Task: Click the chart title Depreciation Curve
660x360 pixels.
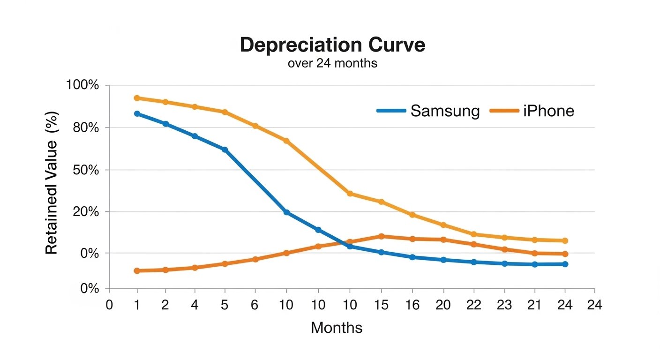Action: tap(332, 45)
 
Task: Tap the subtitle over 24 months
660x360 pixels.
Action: tap(332, 63)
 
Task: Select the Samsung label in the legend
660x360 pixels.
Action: tap(445, 111)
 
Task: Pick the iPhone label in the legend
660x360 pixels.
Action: tap(548, 111)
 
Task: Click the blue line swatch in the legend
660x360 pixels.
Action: tap(391, 111)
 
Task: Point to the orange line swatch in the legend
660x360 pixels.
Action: tap(504, 111)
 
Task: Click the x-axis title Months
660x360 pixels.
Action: tap(337, 328)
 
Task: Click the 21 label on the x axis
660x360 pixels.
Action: tap(534, 305)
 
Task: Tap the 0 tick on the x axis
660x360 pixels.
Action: tap(109, 305)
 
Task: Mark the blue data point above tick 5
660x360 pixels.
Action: tap(225, 150)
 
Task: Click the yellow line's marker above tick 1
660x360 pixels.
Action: tap(137, 98)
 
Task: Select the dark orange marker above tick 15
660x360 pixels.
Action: tap(381, 236)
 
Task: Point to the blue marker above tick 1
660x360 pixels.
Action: tap(137, 113)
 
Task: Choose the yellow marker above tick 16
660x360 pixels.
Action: tap(412, 215)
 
